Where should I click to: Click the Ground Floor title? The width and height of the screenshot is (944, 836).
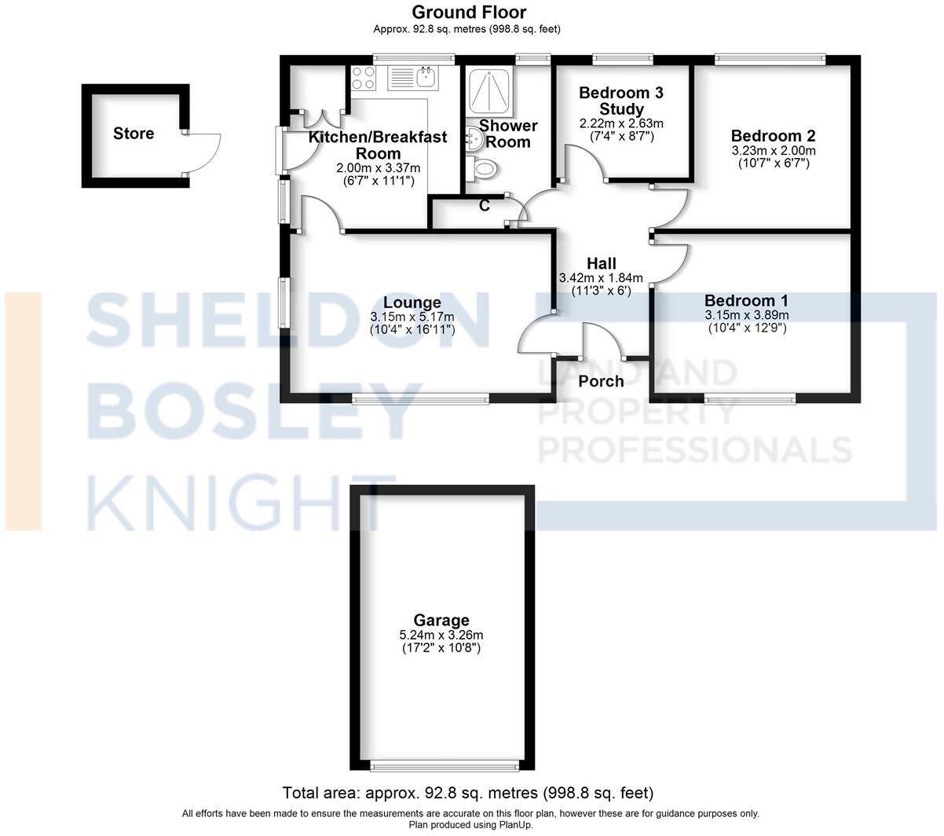click(469, 13)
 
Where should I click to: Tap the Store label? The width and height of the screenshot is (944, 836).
click(134, 134)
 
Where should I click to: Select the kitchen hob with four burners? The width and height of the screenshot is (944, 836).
click(363, 78)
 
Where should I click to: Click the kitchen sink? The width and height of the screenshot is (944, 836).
click(426, 77)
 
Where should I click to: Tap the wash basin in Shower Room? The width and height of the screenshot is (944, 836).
click(474, 139)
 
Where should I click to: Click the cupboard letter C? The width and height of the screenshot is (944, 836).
click(485, 206)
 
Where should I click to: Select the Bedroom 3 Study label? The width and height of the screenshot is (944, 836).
click(620, 101)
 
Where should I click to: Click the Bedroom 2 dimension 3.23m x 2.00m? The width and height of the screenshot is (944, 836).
click(773, 151)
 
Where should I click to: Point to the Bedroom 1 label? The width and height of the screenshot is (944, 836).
click(746, 301)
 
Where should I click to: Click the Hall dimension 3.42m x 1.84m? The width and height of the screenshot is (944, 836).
click(601, 278)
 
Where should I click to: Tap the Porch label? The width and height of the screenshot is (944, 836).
click(601, 382)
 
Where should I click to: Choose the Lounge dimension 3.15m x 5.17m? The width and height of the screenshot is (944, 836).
click(412, 317)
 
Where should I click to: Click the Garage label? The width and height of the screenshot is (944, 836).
click(442, 621)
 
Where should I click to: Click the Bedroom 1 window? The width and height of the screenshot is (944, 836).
click(750, 399)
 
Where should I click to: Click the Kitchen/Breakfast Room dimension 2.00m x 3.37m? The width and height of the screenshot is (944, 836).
click(378, 168)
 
